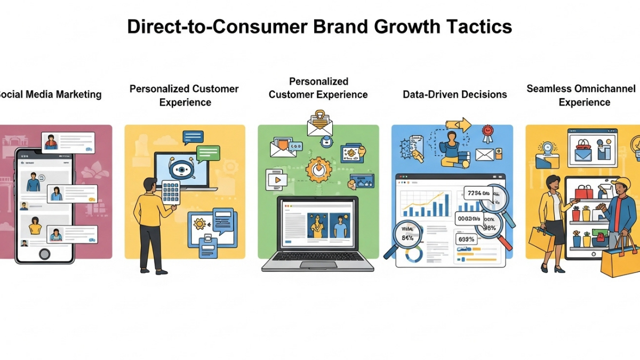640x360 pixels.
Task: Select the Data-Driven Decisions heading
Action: (x=454, y=94)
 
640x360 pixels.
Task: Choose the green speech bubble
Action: (x=207, y=154)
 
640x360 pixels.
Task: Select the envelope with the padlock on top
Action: (x=319, y=124)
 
